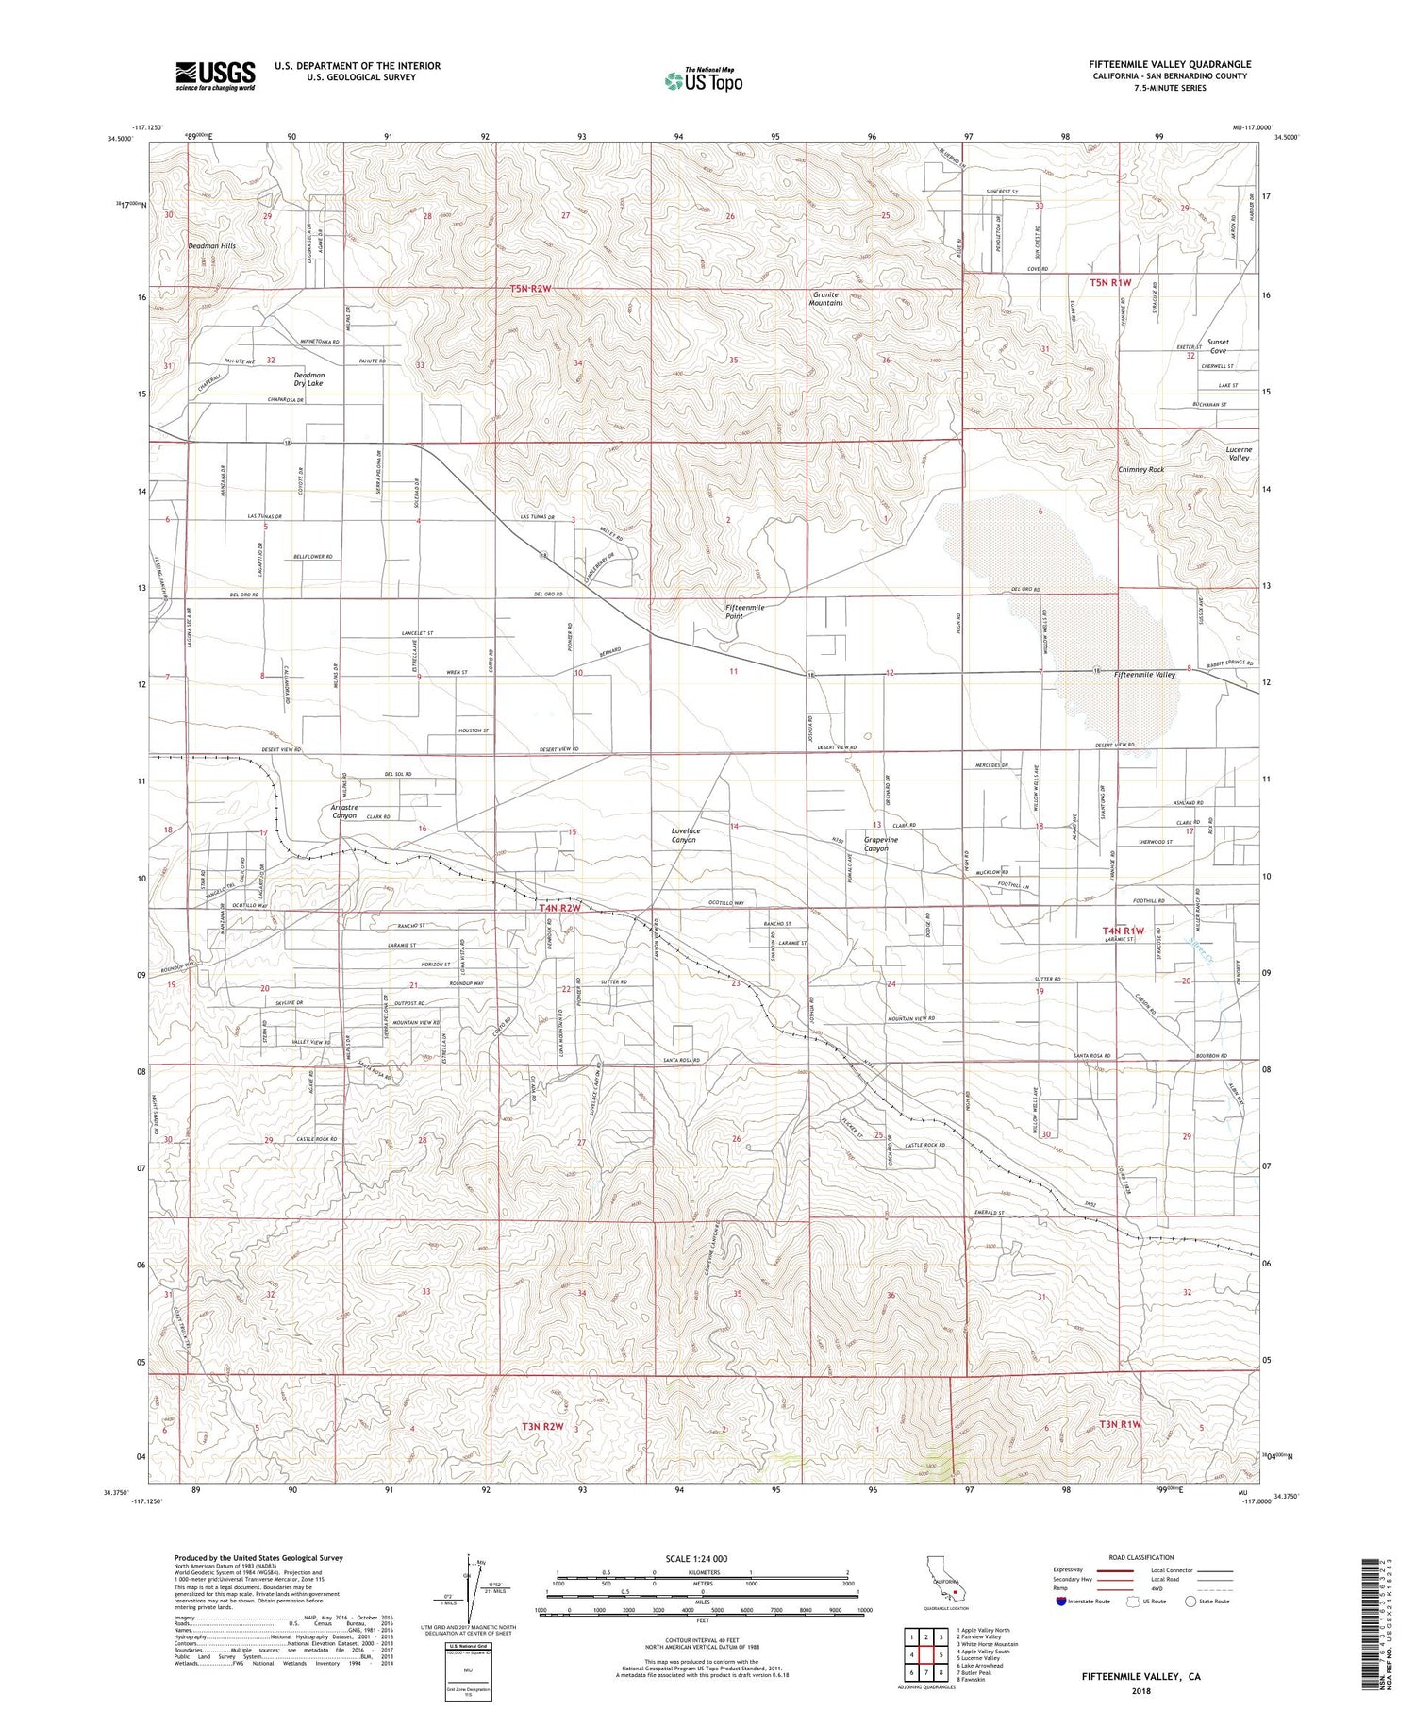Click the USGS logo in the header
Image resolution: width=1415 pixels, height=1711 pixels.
[215, 75]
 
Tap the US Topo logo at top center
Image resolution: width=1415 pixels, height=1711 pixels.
[704, 80]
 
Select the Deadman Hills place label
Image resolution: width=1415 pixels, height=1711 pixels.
[211, 246]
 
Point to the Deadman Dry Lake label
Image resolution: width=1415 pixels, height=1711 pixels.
[308, 379]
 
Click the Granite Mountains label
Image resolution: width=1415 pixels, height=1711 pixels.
[825, 299]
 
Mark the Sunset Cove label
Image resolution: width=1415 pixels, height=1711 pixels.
[1218, 346]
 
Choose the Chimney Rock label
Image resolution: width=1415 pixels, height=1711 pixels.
[1140, 470]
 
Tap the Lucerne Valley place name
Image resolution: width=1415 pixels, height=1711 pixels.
[1238, 454]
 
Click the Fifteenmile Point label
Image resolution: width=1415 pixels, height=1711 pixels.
[745, 612]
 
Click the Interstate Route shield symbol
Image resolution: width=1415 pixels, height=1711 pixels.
[1060, 1602]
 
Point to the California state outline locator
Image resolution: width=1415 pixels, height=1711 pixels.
[946, 1585]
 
